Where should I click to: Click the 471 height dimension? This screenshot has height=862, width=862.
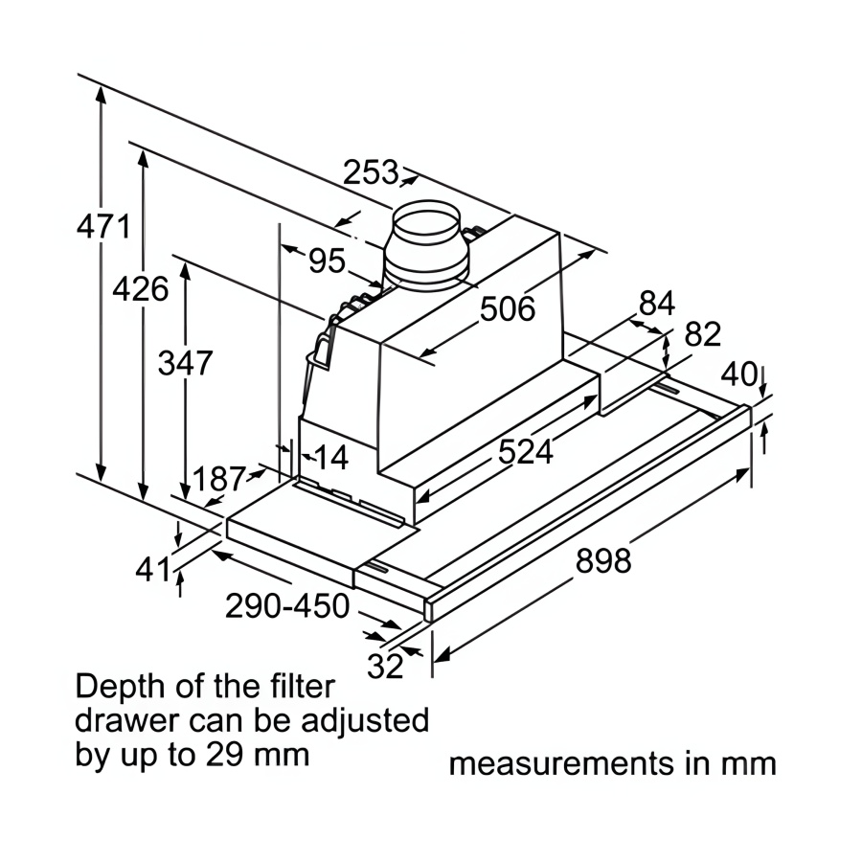coord(103,227)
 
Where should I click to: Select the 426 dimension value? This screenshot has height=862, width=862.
coord(141,288)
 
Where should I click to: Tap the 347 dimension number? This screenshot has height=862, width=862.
coord(184,363)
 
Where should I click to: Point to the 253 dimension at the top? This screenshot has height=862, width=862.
coord(370,173)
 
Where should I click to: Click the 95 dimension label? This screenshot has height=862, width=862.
coord(327,260)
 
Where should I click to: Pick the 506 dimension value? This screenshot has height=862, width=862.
coord(507,309)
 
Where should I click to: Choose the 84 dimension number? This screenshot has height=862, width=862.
coord(656,304)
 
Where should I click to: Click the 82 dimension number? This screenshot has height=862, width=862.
coord(702,334)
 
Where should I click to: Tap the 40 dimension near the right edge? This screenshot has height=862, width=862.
coord(738,374)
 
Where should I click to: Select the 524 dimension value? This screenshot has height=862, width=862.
coord(525,451)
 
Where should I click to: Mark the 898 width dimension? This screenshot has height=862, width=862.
coord(603,561)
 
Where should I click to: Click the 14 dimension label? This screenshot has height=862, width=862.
coord(331,457)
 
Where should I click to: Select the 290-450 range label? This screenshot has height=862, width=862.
coord(287,606)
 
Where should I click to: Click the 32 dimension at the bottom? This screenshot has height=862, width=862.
coord(385,667)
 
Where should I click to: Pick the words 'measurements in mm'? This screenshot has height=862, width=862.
coord(612,764)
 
